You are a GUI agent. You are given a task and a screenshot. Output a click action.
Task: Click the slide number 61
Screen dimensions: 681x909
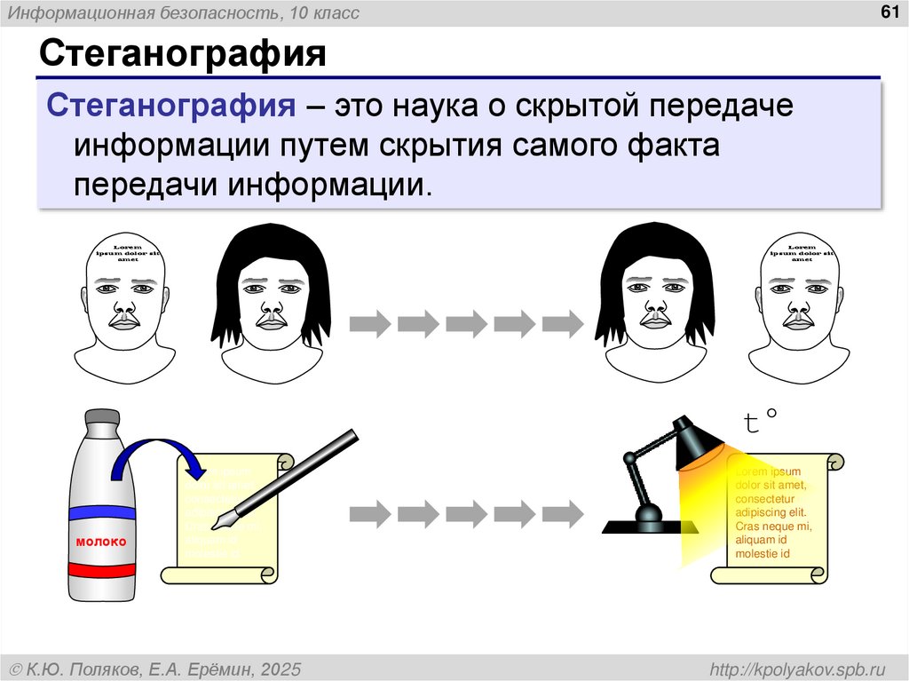pos(886,12)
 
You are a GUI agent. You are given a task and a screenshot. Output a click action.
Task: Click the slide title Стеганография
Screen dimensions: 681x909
pos(182,55)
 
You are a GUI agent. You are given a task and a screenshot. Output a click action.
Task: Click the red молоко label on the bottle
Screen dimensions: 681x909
pos(101,542)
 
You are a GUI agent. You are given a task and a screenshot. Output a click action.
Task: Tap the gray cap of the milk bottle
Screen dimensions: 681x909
pos(101,416)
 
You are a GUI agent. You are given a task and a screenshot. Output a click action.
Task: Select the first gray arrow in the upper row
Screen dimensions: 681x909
pos(369,323)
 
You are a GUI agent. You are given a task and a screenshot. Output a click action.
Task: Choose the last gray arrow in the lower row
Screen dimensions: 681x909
pos(562,512)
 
